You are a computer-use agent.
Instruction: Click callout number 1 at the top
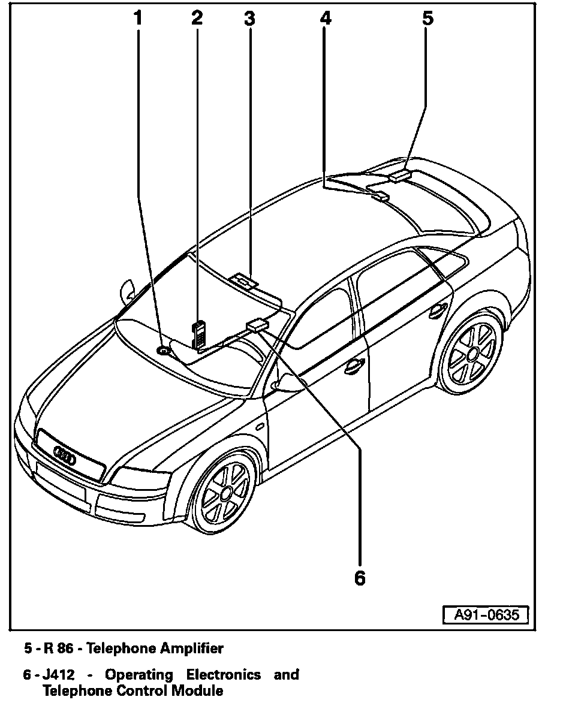tap(139, 18)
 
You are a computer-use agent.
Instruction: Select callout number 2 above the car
tap(197, 18)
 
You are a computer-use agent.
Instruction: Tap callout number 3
tap(249, 18)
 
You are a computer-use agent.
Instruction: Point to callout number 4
tap(325, 18)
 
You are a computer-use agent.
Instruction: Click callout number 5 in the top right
tap(427, 18)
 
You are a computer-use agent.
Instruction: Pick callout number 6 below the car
tap(359, 578)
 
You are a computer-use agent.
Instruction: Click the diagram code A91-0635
tap(486, 615)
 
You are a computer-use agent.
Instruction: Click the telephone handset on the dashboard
tap(198, 333)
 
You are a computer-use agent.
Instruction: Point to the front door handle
tap(353, 365)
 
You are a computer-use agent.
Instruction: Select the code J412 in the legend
tap(59, 675)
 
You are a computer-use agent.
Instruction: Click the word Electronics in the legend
tap(223, 675)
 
